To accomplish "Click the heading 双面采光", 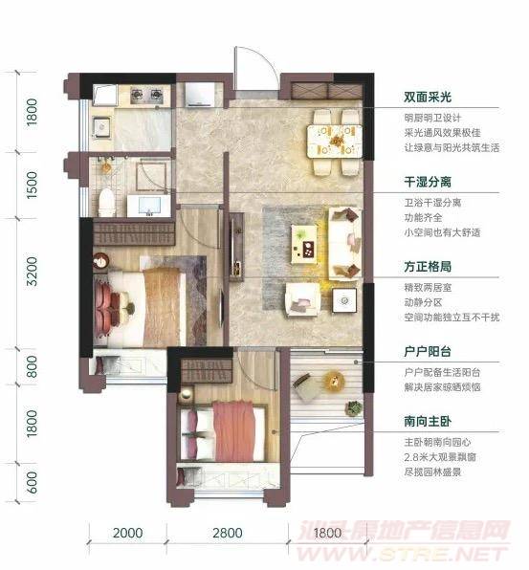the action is tap(428, 97).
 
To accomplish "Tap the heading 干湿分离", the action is tap(428, 182).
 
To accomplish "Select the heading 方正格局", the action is tap(428, 267).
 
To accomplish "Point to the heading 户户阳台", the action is tap(428, 352).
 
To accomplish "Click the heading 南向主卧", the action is tap(428, 422).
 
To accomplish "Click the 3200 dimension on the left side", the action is tap(32, 272).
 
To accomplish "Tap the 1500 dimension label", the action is tap(32, 185).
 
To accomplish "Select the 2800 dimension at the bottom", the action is tap(228, 533).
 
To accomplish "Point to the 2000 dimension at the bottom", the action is tap(127, 533).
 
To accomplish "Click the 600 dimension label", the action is tap(32, 482).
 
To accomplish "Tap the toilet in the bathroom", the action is tap(106, 203).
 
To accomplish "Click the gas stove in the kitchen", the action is tap(146, 95).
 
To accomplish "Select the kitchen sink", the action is tap(101, 126).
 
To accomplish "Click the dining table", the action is tap(335, 141).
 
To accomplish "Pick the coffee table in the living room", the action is tap(304, 244).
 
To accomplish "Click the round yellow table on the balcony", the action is tap(334, 381).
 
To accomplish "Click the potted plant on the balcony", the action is tap(354, 407).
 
